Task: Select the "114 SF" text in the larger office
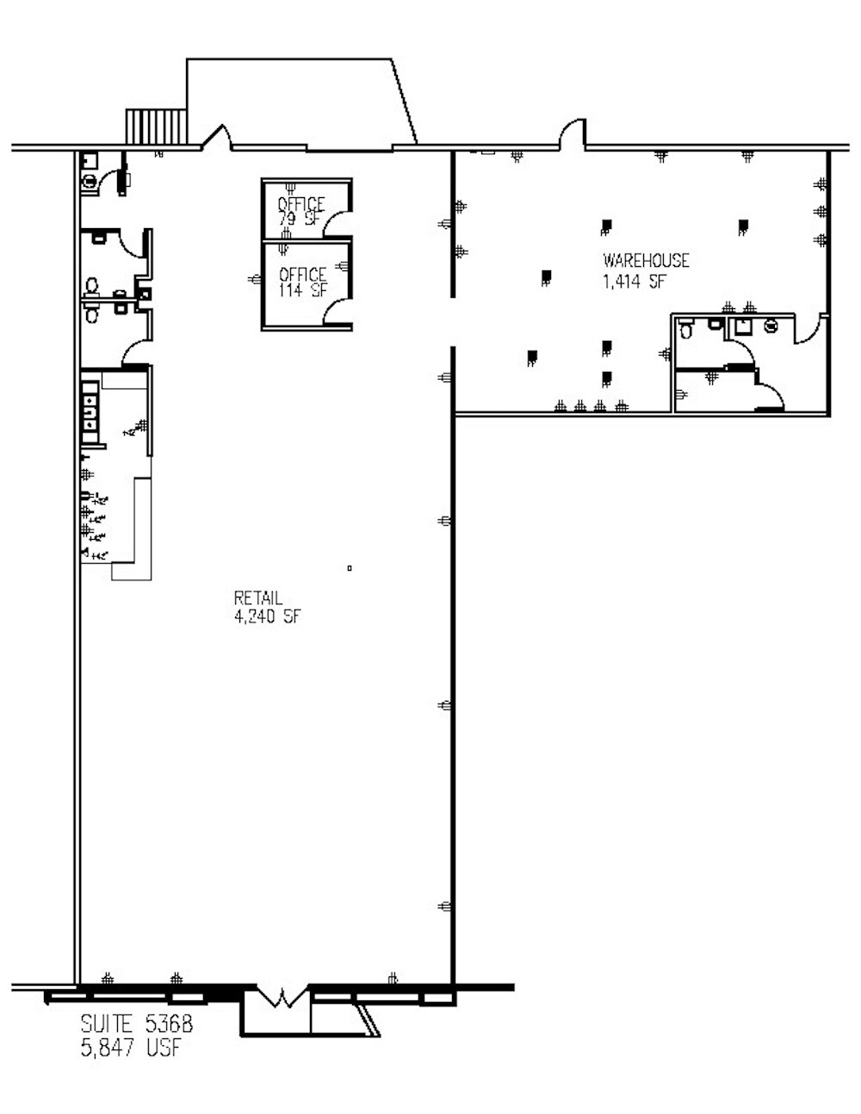(302, 290)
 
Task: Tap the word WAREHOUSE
(646, 261)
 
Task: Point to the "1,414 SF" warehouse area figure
(635, 282)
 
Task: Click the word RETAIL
(258, 598)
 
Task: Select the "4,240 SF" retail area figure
(267, 616)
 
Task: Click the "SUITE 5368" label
(136, 1024)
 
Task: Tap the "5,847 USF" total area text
(131, 1048)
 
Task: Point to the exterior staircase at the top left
(156, 127)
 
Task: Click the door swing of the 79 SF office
(342, 224)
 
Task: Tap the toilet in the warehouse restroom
(686, 330)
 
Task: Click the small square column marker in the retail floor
(350, 567)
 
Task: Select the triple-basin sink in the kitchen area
(89, 408)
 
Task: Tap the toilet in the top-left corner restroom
(88, 180)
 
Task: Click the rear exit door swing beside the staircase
(216, 138)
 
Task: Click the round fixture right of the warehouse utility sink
(770, 326)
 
